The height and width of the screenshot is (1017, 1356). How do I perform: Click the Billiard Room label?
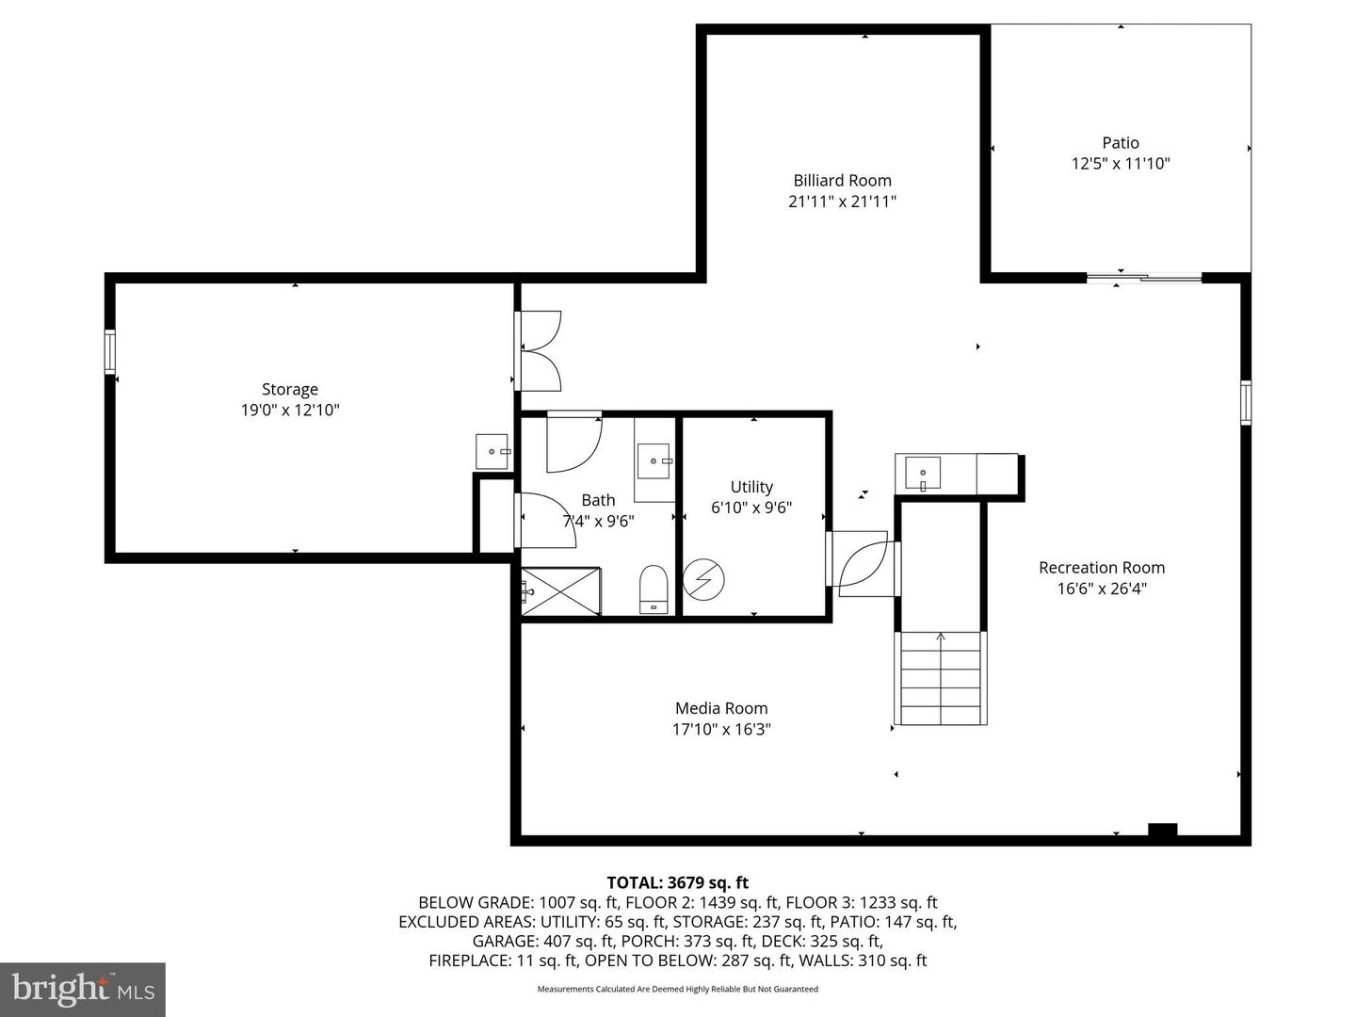pos(842,180)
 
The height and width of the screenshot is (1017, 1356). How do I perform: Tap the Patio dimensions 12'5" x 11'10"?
pos(1121,164)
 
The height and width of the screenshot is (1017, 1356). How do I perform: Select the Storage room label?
pos(290,389)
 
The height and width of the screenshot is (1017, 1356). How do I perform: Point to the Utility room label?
pos(751,487)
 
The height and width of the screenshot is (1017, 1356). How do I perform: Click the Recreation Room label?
pos(1102,568)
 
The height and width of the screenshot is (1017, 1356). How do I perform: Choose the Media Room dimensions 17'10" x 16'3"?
pos(721,729)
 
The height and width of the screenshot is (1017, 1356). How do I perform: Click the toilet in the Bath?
pos(653,589)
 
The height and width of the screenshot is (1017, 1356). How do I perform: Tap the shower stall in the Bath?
pos(561,591)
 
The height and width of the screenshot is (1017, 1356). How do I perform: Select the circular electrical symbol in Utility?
pos(703,579)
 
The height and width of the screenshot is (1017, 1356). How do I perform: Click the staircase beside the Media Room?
pos(941,677)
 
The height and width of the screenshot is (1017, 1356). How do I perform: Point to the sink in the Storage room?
pos(492,451)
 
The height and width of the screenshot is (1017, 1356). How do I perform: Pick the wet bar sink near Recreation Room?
pos(922,474)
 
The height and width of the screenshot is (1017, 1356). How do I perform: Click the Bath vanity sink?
pos(654,460)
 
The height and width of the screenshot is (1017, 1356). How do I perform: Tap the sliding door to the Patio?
pos(1144,278)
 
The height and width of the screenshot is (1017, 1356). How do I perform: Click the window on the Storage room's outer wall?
pos(110,352)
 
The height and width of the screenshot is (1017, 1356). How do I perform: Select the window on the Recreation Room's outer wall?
pos(1246,403)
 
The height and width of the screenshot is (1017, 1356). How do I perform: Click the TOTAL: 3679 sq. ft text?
pos(678,882)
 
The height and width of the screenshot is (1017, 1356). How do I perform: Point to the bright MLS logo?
pos(83,990)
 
